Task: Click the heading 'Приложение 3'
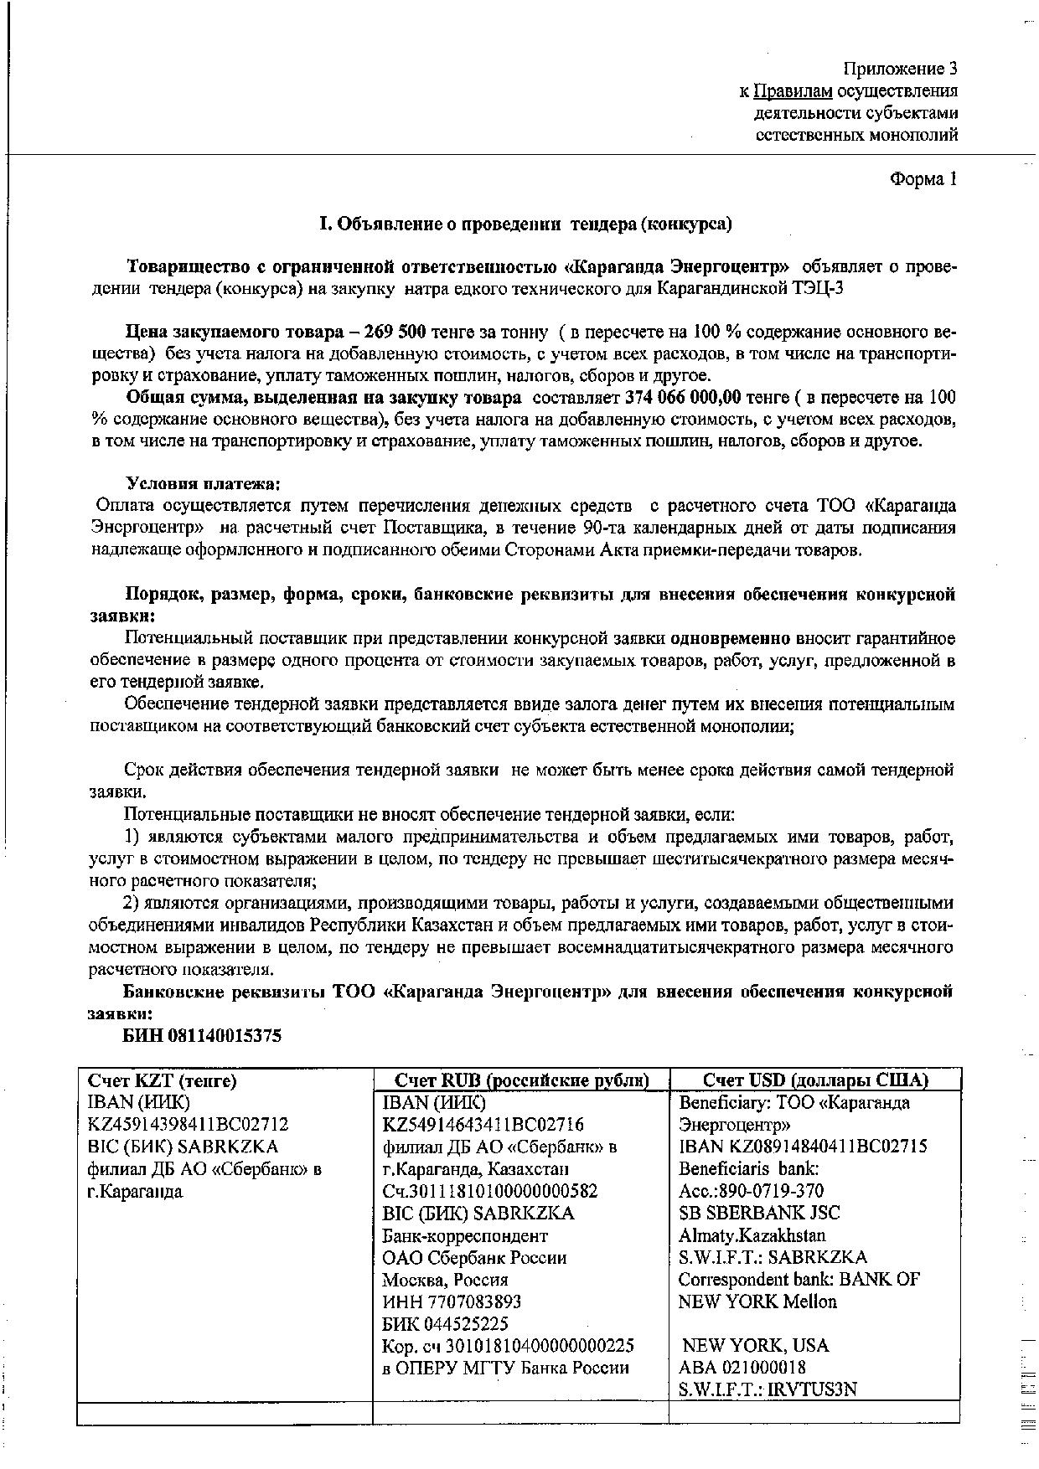click(x=899, y=68)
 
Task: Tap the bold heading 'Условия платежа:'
click(x=203, y=483)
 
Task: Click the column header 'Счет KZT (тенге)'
click(x=163, y=1080)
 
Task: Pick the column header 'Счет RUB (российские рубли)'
click(x=521, y=1080)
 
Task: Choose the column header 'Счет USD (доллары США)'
click(x=815, y=1080)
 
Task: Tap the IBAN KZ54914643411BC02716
click(x=483, y=1125)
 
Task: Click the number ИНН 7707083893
click(x=452, y=1301)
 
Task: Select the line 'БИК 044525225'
click(x=445, y=1324)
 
